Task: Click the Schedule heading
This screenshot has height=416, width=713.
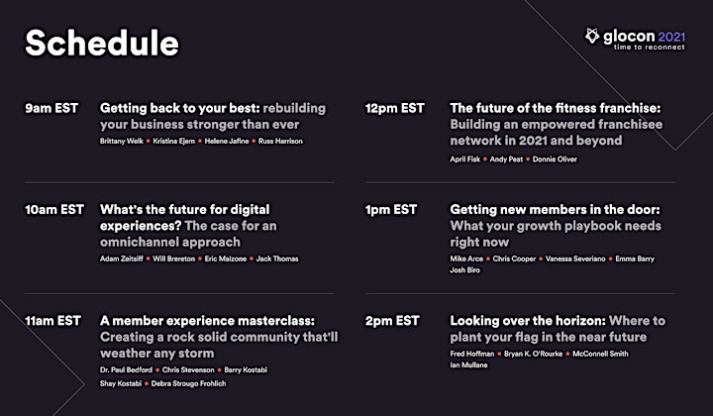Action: click(102, 43)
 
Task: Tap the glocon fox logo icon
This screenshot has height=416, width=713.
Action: click(592, 36)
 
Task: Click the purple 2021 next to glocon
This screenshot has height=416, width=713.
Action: click(671, 37)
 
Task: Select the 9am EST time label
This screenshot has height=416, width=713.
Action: click(51, 108)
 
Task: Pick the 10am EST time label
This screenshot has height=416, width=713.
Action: click(54, 210)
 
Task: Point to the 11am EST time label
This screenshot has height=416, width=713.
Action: click(52, 321)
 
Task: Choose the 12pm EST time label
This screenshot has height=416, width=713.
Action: click(395, 108)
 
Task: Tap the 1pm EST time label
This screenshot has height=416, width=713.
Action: click(391, 210)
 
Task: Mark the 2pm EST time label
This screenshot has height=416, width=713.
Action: click(392, 321)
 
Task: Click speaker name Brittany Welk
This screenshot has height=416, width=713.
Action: click(122, 141)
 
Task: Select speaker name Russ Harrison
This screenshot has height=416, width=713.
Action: click(280, 141)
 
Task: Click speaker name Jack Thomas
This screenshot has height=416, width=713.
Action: click(277, 259)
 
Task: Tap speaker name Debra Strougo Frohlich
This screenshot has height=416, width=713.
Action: click(188, 383)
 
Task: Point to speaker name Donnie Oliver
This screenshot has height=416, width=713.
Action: click(555, 159)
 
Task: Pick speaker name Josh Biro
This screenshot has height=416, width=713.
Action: click(464, 270)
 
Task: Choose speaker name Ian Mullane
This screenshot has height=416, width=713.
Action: click(468, 365)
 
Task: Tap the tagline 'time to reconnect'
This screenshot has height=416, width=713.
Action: click(649, 47)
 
